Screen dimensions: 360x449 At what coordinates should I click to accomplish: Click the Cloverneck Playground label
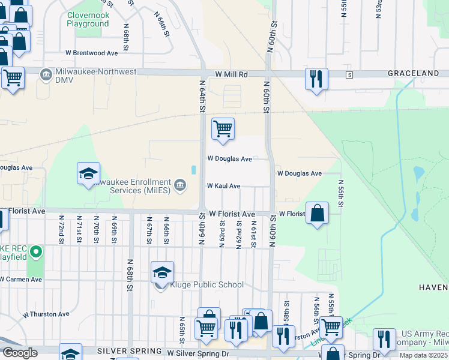tap(88, 19)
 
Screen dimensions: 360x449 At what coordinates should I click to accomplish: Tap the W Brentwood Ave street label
tap(94, 53)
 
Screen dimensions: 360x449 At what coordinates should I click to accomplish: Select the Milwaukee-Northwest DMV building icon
tap(46, 74)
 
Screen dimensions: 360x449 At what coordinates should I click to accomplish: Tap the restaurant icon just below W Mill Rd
tap(316, 79)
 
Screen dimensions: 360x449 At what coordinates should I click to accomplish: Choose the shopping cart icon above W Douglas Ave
tap(223, 128)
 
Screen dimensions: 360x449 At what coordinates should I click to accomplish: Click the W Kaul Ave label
tap(223, 186)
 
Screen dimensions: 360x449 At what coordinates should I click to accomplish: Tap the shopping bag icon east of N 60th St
tap(317, 212)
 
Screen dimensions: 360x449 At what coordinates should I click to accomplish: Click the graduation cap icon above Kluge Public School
tap(162, 272)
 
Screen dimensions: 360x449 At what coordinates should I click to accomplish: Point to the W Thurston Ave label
tap(46, 314)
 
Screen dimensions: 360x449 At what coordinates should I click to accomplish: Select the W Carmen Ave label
tap(22, 279)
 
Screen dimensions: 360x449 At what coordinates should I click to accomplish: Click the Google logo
tap(20, 353)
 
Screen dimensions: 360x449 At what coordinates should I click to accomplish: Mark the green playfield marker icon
tap(36, 252)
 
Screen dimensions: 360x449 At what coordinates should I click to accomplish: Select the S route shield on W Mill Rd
tap(349, 74)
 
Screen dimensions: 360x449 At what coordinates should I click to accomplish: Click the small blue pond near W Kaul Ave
tap(193, 170)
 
